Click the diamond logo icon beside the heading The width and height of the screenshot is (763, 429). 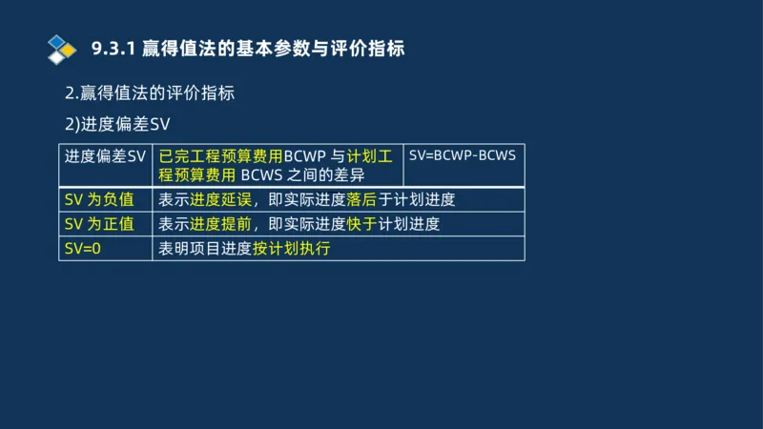pos(61,49)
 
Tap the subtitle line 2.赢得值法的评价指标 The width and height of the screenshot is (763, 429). pos(149,94)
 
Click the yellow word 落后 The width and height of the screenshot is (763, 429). pos(362,200)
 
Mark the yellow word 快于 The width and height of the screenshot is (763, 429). pos(362,225)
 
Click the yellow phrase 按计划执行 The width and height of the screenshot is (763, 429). pos(291,249)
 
